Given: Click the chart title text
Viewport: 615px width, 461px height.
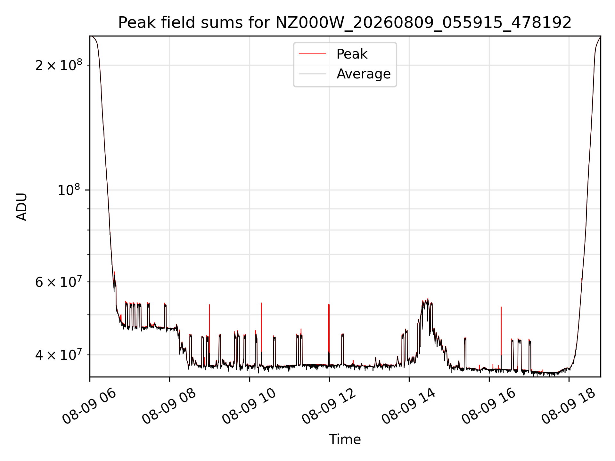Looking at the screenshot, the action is [x=345, y=23].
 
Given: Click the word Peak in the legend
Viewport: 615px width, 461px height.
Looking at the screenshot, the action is [x=352, y=54].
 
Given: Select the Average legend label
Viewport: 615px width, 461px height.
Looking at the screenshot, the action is [x=364, y=74].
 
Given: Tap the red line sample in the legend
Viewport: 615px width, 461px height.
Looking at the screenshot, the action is [x=312, y=54].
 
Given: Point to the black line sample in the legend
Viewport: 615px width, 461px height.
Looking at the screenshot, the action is [x=312, y=74].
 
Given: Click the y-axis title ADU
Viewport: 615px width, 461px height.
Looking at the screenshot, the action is [x=22, y=206].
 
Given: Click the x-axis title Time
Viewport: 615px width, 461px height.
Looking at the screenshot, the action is [x=345, y=440].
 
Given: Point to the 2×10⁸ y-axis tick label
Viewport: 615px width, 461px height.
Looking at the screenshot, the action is [x=59, y=65].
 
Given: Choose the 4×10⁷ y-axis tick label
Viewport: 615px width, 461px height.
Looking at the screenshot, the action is [x=59, y=354].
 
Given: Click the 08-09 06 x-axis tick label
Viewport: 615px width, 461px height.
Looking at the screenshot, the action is [x=89, y=406].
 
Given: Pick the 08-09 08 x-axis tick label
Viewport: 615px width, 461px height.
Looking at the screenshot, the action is [x=169, y=406].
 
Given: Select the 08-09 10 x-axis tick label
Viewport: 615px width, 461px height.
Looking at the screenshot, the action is [x=249, y=406].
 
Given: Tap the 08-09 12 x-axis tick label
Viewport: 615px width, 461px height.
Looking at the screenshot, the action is [x=329, y=406].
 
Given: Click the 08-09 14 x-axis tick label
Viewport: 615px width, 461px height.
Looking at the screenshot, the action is [x=409, y=406].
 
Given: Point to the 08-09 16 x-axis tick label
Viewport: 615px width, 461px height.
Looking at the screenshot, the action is [x=489, y=406].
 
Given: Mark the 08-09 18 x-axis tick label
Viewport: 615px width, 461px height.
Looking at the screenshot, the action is [x=569, y=406].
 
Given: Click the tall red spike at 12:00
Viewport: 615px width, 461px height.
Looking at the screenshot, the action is [x=329, y=335].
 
